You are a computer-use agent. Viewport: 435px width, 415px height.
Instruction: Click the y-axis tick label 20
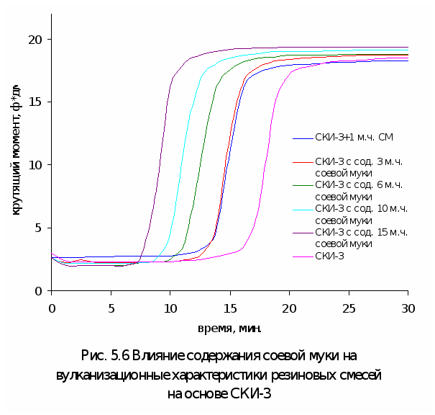pyautogui.click(x=35, y=39)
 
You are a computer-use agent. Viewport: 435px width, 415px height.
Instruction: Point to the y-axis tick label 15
pyautogui.click(x=35, y=102)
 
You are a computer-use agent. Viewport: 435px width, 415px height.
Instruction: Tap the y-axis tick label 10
pyautogui.click(x=35, y=165)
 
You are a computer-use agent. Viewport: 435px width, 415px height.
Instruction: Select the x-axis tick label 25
pyautogui.click(x=348, y=307)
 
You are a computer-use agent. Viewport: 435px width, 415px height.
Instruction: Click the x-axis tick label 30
pyautogui.click(x=408, y=307)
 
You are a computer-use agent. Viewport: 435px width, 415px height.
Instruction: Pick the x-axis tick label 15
pyautogui.click(x=229, y=307)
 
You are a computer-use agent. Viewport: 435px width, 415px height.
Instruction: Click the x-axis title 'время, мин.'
pyautogui.click(x=229, y=329)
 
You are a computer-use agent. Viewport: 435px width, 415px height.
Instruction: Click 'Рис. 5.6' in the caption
pyautogui.click(x=106, y=356)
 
